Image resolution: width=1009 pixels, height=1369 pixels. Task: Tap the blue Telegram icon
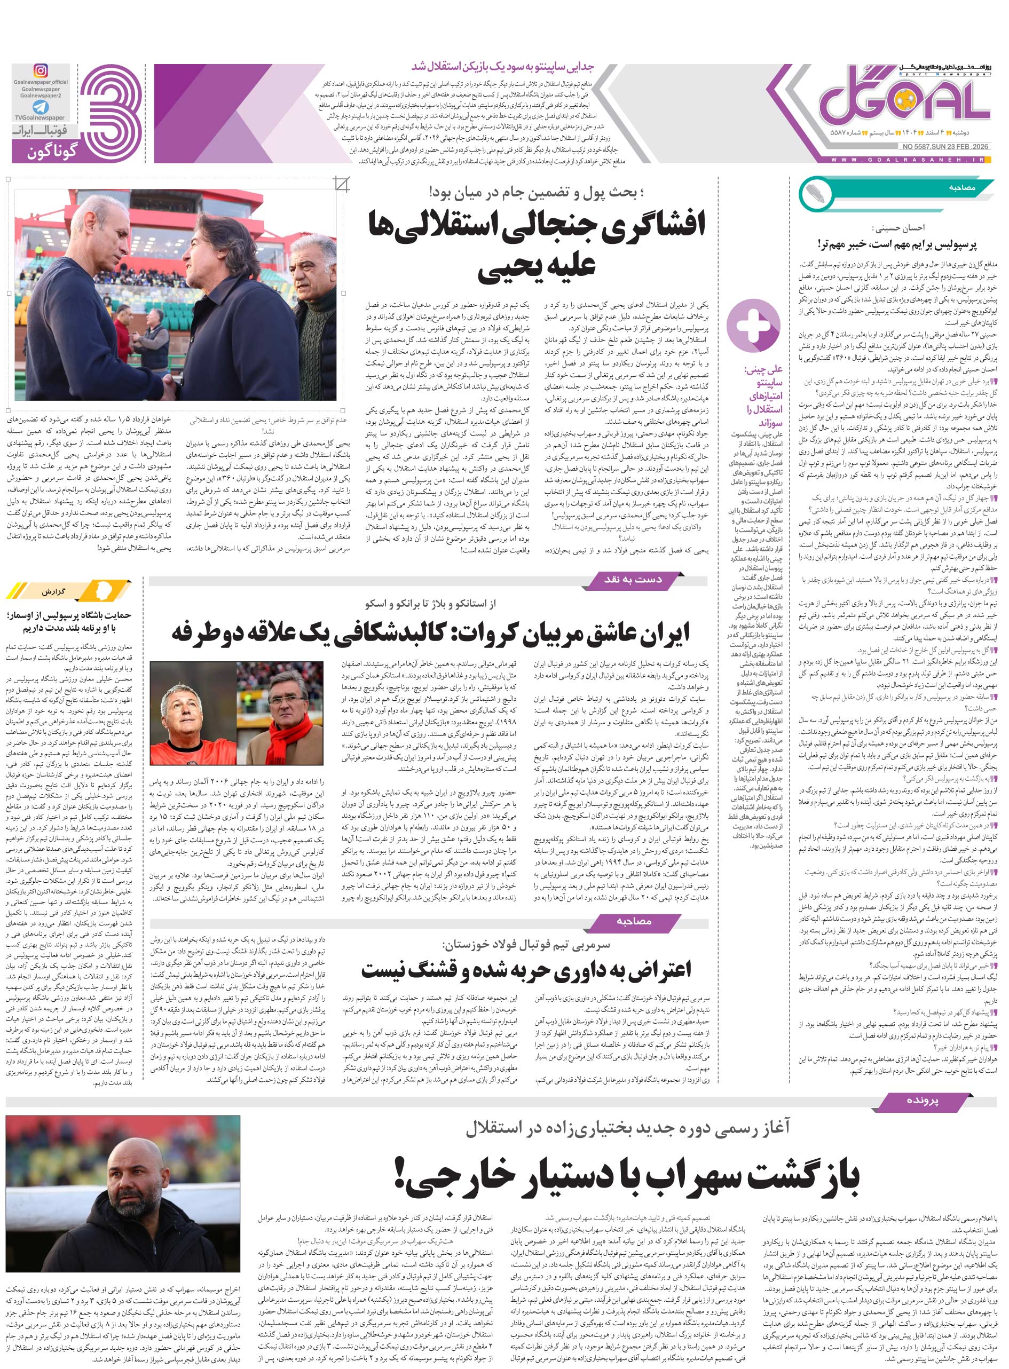pyautogui.click(x=41, y=107)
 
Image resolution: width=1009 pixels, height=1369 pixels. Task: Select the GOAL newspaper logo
pyautogui.click(x=904, y=98)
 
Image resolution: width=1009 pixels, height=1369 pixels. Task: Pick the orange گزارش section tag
pyautogui.click(x=70, y=592)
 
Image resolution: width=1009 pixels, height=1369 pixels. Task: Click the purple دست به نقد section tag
pyautogui.click(x=633, y=579)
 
